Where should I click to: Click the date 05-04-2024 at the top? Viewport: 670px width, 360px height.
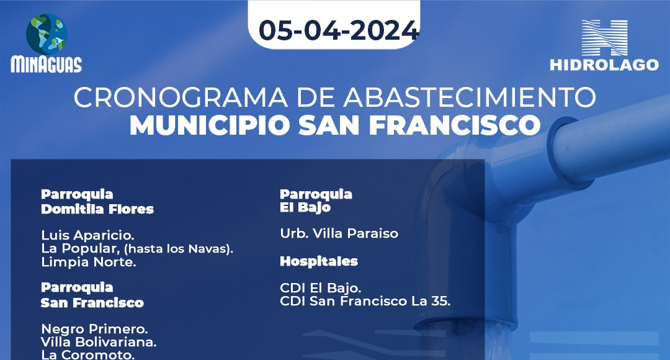click(x=339, y=30)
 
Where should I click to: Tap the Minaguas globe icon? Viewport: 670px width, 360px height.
click(x=47, y=34)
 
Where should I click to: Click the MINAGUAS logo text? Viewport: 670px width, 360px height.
click(x=46, y=65)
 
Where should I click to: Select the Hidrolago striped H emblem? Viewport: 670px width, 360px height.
click(x=604, y=38)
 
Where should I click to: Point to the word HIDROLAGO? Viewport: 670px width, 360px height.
click(x=604, y=65)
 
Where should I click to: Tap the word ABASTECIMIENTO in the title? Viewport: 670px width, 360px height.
click(x=470, y=97)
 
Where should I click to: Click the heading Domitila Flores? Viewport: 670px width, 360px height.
click(x=97, y=209)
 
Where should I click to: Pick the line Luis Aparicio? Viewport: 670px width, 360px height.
click(x=87, y=235)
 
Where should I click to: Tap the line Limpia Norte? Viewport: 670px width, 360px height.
click(x=89, y=262)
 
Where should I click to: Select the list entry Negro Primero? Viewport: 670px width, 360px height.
click(x=94, y=329)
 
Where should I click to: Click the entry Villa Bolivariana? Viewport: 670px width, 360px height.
click(x=99, y=342)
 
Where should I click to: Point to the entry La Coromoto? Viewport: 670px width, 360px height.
click(x=87, y=354)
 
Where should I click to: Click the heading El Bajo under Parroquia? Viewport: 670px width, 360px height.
click(x=305, y=208)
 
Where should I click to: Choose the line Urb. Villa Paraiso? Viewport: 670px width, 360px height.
click(x=339, y=233)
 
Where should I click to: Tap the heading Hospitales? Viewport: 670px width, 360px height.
click(x=319, y=261)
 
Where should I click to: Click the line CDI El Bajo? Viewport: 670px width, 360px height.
click(x=321, y=288)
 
